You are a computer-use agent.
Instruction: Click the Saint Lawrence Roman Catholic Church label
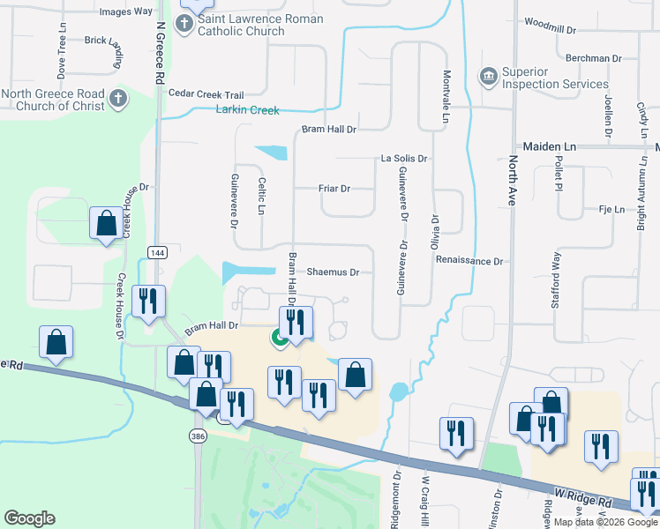tap(260, 25)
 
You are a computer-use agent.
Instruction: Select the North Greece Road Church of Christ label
tap(65, 100)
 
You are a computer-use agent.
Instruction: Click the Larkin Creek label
tap(247, 110)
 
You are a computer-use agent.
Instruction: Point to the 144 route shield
tap(157, 253)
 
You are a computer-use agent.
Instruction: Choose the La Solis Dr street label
tap(403, 159)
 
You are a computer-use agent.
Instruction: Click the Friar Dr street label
tap(334, 189)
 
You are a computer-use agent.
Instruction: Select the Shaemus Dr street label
tap(333, 272)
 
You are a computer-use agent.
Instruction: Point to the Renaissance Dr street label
tap(475, 262)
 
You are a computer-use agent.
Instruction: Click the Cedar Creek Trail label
tap(206, 94)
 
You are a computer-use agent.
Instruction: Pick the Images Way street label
tap(126, 11)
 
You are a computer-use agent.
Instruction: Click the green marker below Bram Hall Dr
tap(279, 337)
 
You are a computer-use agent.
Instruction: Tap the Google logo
tap(29, 518)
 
